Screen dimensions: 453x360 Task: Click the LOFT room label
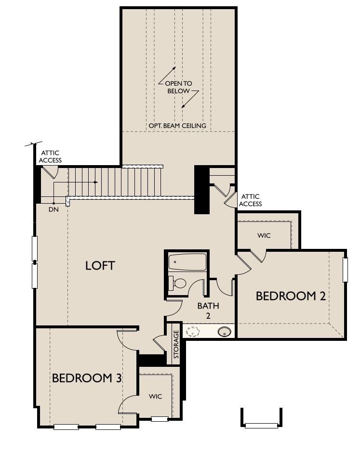coord(100,265)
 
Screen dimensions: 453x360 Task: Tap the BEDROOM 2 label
coord(291,296)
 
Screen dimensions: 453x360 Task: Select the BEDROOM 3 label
coord(87,378)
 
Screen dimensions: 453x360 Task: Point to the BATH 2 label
coord(208,311)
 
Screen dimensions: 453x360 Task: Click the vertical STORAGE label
coord(176,344)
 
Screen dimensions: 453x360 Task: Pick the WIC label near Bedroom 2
coord(264,235)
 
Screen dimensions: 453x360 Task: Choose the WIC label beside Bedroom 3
coord(155,396)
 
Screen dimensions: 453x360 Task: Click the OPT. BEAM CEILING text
coord(177,126)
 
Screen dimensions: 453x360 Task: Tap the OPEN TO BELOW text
coord(179,87)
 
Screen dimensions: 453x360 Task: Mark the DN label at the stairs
coord(53,210)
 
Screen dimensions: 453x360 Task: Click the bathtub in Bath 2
coord(187,262)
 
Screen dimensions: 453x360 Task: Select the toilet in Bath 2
coord(178,283)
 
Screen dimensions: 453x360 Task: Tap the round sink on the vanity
coord(224,331)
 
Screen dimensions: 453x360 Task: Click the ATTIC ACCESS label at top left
coord(50,156)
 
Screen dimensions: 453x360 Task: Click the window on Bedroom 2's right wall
coord(345,270)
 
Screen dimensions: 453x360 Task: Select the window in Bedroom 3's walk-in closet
coord(160,419)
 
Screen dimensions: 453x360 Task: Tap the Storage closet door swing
coord(159,343)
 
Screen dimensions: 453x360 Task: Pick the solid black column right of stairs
coord(201,189)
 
